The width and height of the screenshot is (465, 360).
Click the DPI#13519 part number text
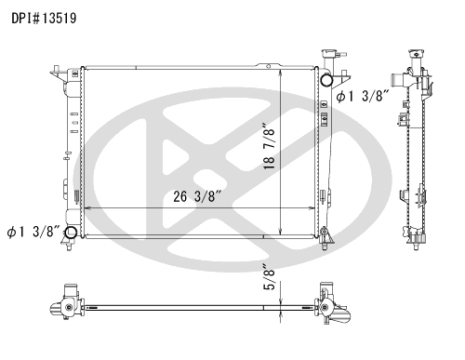[x=44, y=19]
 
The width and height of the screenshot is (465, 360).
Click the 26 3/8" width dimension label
[x=197, y=196]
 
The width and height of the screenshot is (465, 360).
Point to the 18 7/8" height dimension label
[x=269, y=147]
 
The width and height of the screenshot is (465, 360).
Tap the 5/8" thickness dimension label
[x=269, y=277]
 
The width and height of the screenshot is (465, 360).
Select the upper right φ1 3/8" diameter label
[x=363, y=97]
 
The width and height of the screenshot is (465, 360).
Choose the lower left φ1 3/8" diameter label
[x=33, y=232]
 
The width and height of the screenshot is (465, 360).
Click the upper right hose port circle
[x=326, y=81]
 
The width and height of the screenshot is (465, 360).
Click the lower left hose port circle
[x=71, y=232]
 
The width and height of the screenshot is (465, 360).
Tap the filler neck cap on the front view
[x=330, y=53]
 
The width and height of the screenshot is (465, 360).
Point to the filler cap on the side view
[x=415, y=53]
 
